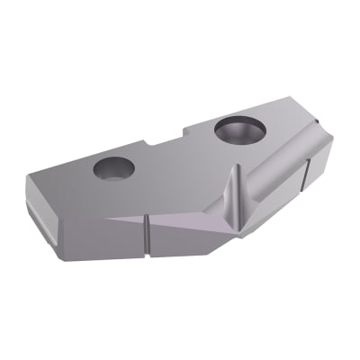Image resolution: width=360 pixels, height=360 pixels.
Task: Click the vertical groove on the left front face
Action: pyautogui.click(x=143, y=235)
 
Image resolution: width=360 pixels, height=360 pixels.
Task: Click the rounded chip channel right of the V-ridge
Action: pyautogui.click(x=270, y=180)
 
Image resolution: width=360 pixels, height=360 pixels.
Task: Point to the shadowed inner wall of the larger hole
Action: pyautogui.click(x=236, y=127)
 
